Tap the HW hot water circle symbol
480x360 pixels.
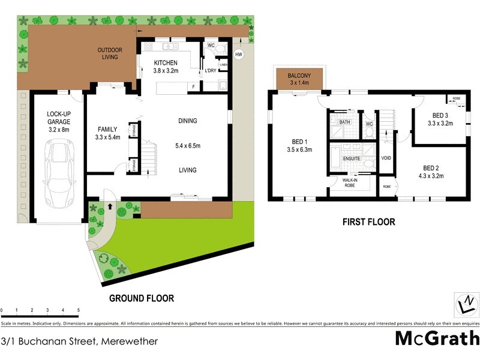tap(239, 55)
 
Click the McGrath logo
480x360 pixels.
tap(437, 338)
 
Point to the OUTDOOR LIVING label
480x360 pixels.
tap(110, 53)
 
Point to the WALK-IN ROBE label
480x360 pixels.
tap(351, 182)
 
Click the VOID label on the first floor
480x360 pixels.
tap(386, 158)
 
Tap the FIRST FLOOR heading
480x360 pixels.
tap(368, 222)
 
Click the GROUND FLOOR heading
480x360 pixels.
tap(142, 298)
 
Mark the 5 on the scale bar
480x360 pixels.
tap(78, 310)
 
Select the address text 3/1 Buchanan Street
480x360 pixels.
tap(79, 341)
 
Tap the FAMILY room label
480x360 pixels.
tap(108, 133)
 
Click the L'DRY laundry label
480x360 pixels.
tap(210, 71)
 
